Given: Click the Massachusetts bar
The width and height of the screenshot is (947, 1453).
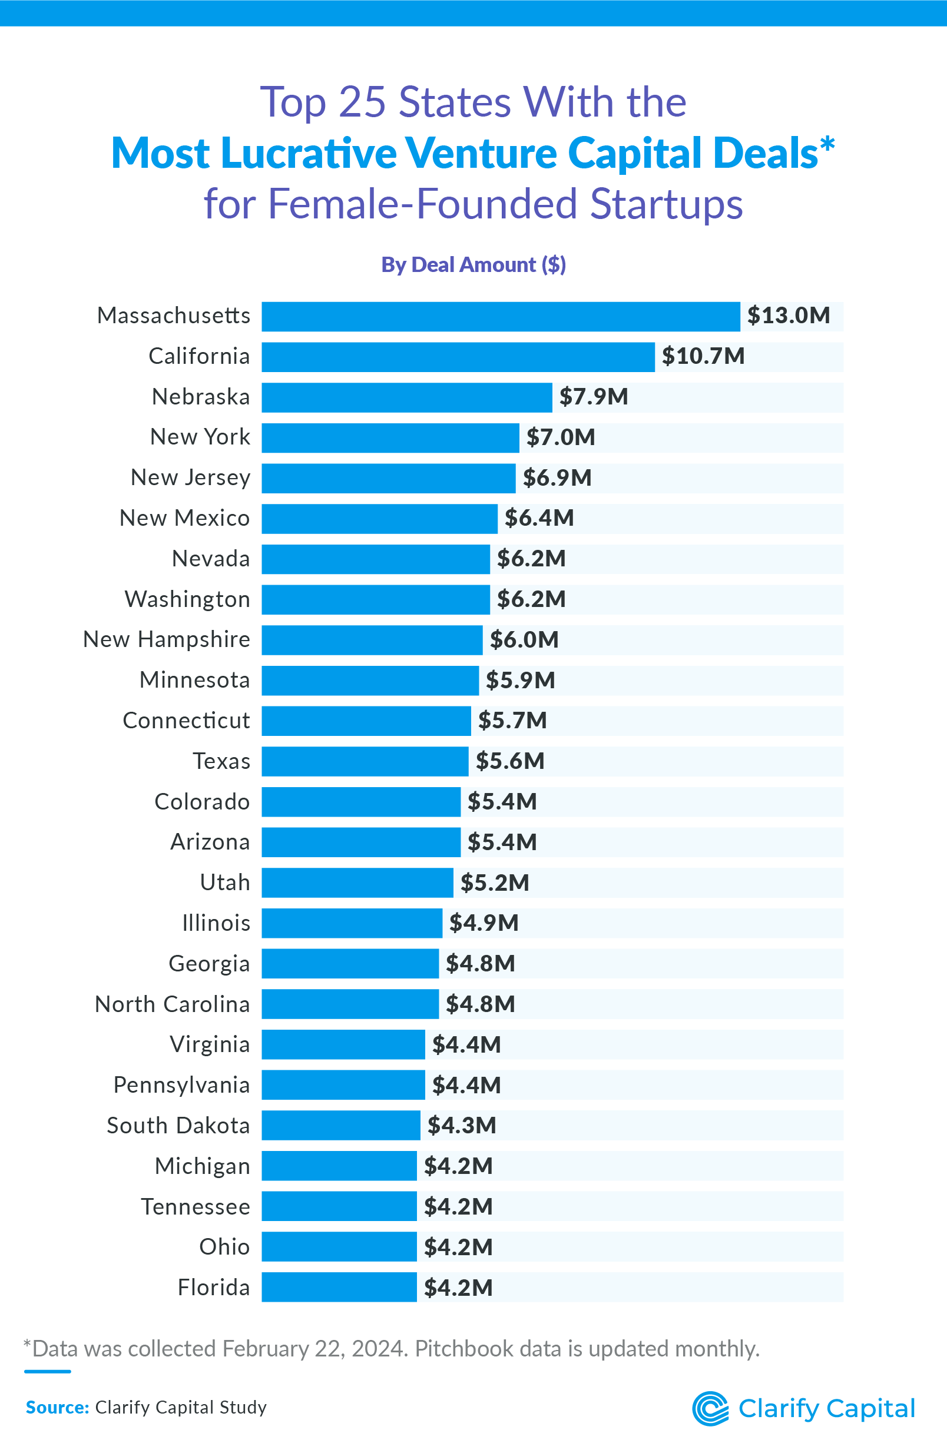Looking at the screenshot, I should (501, 316).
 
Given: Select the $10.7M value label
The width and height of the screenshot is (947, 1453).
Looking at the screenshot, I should (703, 356).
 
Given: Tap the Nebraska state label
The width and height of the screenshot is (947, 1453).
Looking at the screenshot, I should (201, 397).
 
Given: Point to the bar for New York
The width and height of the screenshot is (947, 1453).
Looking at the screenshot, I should (390, 438).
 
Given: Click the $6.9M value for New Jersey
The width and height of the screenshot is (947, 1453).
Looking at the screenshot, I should (557, 478).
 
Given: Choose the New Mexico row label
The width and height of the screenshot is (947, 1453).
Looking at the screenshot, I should (184, 518).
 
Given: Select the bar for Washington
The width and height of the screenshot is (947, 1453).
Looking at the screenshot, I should (376, 599).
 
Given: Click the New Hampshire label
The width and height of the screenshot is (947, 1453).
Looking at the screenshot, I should (167, 639).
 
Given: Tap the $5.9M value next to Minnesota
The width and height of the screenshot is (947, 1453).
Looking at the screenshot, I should (520, 680).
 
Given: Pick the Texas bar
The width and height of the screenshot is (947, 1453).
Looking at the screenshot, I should (365, 761).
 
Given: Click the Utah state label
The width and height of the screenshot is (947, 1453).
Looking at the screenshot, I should (225, 883).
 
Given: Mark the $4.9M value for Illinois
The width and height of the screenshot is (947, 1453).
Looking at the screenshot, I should (484, 923).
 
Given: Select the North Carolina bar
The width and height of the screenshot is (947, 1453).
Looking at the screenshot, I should (350, 1004).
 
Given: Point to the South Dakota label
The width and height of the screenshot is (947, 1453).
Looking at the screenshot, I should (178, 1126).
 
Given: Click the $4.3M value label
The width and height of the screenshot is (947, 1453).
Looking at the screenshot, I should (462, 1125).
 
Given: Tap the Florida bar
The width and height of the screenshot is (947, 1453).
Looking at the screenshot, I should (339, 1288).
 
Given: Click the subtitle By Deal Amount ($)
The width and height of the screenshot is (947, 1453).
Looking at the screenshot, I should (473, 265).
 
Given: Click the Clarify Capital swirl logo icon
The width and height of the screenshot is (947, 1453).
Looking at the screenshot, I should (710, 1408).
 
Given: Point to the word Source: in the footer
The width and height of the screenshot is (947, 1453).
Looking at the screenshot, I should (57, 1407).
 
